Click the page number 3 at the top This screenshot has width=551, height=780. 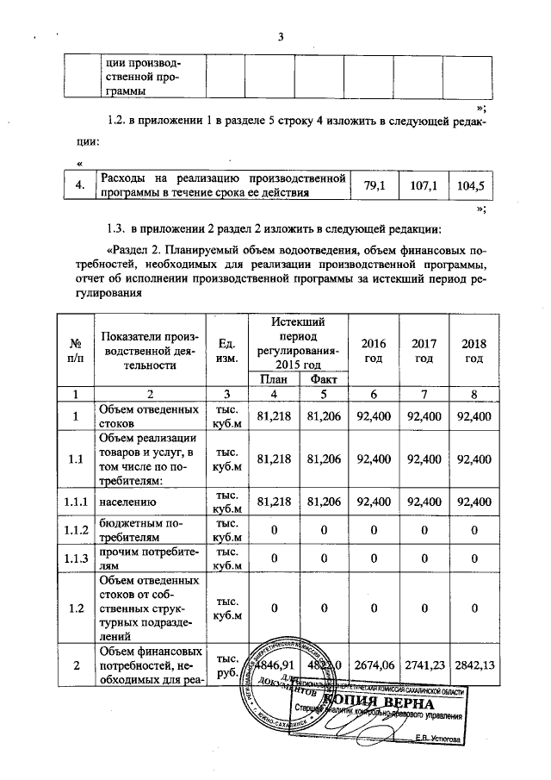pyautogui.click(x=281, y=35)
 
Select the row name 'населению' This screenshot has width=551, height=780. pyautogui.click(x=127, y=500)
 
